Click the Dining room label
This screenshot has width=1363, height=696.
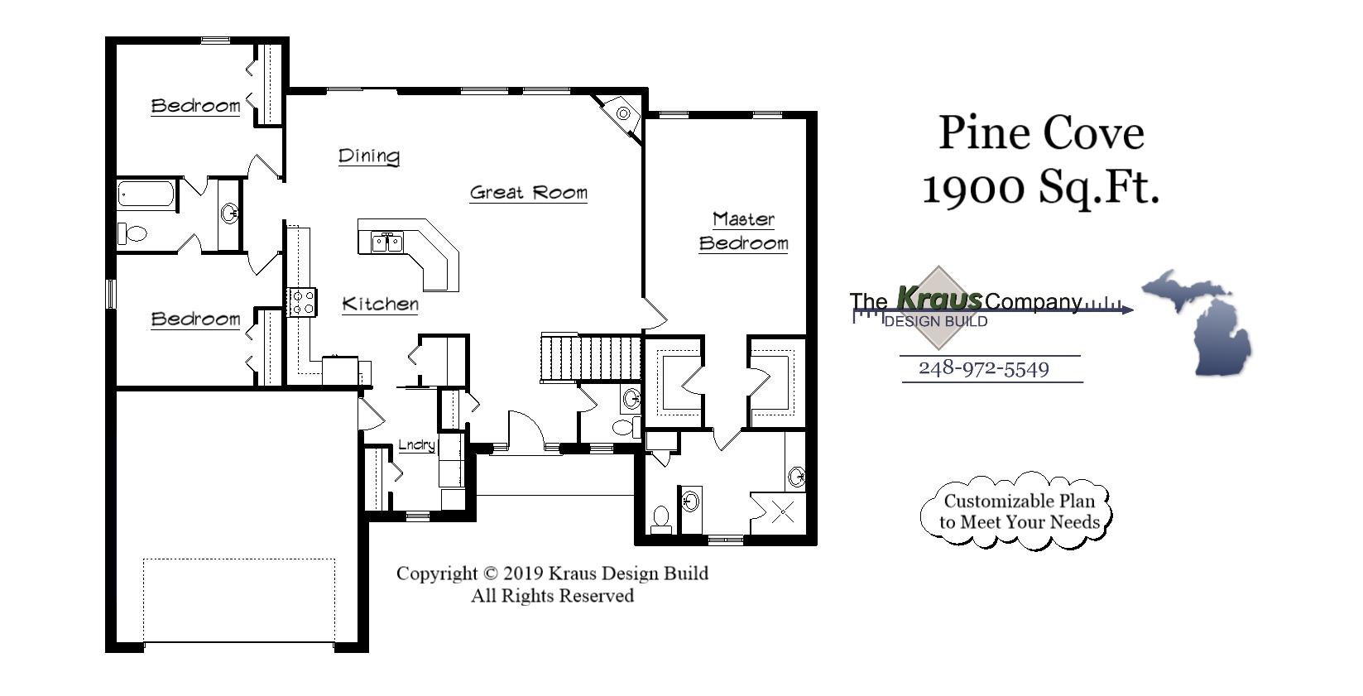click(x=369, y=156)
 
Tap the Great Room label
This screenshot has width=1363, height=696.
click(x=528, y=193)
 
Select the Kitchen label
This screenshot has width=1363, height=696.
click(x=380, y=304)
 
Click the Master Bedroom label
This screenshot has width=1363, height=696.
click(x=743, y=231)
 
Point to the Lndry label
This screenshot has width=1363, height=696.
click(x=416, y=445)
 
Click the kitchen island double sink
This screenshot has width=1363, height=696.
click(x=386, y=242)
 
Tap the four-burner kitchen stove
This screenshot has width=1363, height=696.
click(x=302, y=302)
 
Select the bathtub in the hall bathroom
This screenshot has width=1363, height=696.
click(x=146, y=194)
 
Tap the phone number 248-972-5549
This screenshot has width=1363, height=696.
click(x=984, y=368)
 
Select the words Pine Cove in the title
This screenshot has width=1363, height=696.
click(x=1041, y=132)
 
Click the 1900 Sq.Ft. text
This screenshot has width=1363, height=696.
click(x=1040, y=188)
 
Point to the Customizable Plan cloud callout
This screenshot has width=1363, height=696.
click(x=1017, y=511)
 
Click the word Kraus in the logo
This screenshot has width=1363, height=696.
click(x=939, y=297)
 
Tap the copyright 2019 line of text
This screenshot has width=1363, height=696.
click(x=552, y=574)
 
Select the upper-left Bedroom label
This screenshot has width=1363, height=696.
click(x=195, y=106)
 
